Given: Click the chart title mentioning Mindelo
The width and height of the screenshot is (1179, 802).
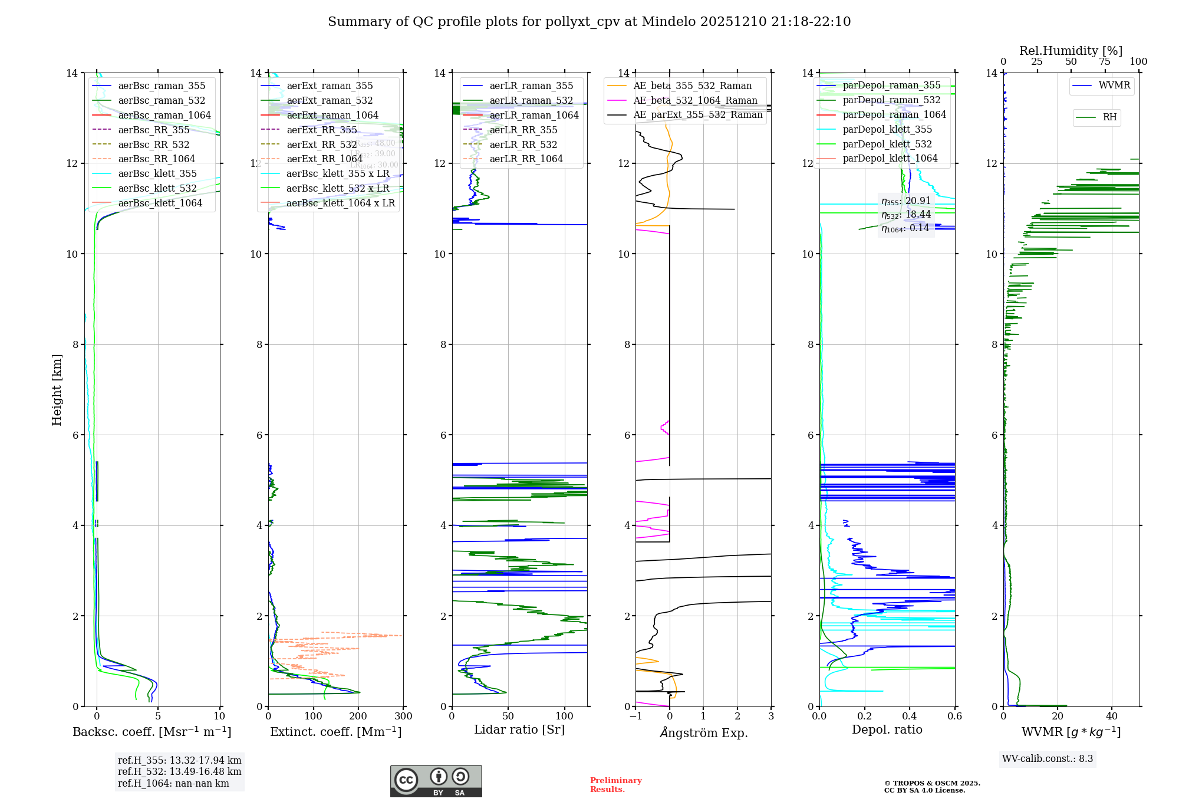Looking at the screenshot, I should click(589, 22).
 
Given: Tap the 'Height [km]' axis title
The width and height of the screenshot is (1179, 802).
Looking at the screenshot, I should click(57, 389).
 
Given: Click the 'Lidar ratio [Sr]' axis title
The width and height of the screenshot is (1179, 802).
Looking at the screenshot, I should click(519, 729).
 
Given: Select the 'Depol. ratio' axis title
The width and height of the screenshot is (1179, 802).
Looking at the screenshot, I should click(887, 729).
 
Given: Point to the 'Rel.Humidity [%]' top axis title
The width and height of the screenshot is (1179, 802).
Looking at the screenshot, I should click(1071, 51).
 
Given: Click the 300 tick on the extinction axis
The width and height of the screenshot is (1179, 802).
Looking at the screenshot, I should click(403, 716).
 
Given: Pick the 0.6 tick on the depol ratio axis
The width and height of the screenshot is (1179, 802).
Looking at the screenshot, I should click(954, 716).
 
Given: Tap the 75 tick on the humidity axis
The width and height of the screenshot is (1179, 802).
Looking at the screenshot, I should click(1105, 62).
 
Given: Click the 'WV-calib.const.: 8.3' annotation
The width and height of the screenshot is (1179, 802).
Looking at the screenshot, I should click(1047, 759).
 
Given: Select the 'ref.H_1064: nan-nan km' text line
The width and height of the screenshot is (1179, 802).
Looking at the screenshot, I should click(173, 783).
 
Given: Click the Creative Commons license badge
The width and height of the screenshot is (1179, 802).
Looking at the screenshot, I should click(436, 781).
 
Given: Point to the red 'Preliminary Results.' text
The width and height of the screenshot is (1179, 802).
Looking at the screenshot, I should click(615, 785).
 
